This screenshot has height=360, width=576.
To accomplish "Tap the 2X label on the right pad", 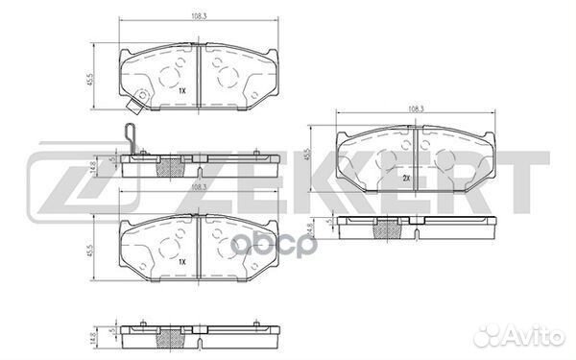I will coord(406,180).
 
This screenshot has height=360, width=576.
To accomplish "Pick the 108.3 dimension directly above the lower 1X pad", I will coord(197,187).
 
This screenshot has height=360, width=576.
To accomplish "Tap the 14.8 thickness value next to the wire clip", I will coord(91,166).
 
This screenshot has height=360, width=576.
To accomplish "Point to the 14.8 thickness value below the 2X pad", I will coord(308,229).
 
